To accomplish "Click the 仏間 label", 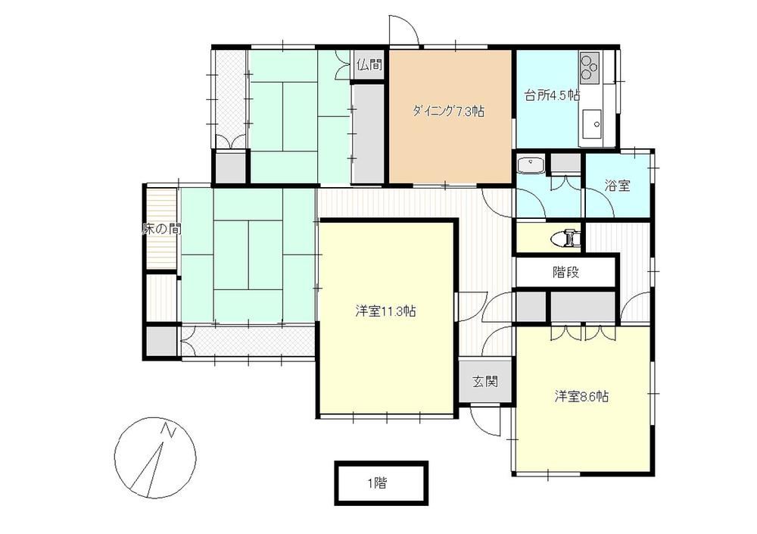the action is coord(369,64).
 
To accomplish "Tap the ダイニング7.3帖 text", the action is coord(448,111).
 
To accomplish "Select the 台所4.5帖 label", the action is coord(553,95).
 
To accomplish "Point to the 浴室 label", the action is coord(618,185).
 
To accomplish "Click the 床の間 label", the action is coord(162,229).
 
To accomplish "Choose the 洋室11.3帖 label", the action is coord(386,311).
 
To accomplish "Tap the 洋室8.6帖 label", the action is coord(581,397).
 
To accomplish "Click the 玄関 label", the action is coord(484,382).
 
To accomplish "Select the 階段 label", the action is coord(565,273).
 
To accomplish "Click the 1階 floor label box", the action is coord(382,482).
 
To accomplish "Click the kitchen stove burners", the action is coord(590,67).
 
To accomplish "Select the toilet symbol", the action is coord(568,238).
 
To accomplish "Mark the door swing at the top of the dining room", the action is coord(404,30).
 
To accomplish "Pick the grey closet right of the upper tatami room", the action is coord(369,133).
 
